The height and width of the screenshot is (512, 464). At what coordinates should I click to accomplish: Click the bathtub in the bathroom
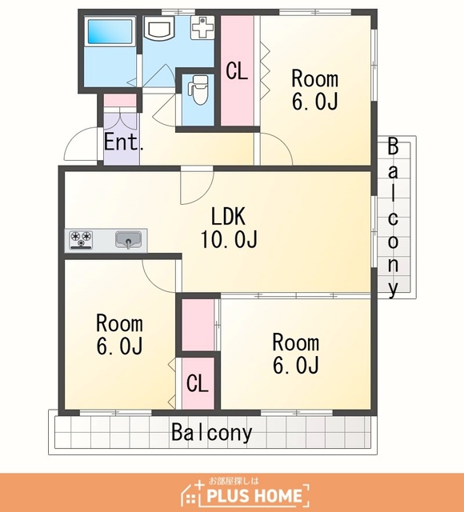pos(110,31)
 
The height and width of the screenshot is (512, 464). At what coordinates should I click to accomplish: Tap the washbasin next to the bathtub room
pos(160,28)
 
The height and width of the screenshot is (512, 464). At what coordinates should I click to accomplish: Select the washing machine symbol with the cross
pos(202,27)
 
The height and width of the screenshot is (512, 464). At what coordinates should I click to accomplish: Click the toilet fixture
pos(198,90)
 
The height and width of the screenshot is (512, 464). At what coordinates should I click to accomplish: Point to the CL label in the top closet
pos(237,71)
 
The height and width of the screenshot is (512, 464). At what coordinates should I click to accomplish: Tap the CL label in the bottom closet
pos(198,383)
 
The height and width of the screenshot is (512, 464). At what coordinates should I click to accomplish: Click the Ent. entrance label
pos(123,142)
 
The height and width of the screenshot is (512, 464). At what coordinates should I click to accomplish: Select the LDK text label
pos(228,216)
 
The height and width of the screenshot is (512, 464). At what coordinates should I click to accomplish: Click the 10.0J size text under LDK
pos(229,239)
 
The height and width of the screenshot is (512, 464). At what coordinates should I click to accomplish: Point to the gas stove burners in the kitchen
pos(81,240)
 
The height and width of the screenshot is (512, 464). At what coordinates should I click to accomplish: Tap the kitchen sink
pos(129,240)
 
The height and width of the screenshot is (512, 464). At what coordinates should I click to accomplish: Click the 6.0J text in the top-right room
pos(314,102)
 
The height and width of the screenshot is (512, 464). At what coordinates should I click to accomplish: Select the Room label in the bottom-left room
pos(119,323)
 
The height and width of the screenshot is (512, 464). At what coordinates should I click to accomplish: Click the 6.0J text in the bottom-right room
pos(295,365)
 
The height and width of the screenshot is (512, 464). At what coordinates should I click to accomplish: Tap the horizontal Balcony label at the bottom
pos(212,432)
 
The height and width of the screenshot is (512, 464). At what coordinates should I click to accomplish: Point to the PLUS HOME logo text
pos(254,496)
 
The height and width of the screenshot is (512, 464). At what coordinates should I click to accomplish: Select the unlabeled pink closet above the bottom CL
pos(198,326)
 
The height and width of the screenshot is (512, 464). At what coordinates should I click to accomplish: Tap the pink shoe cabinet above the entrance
pos(120,100)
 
